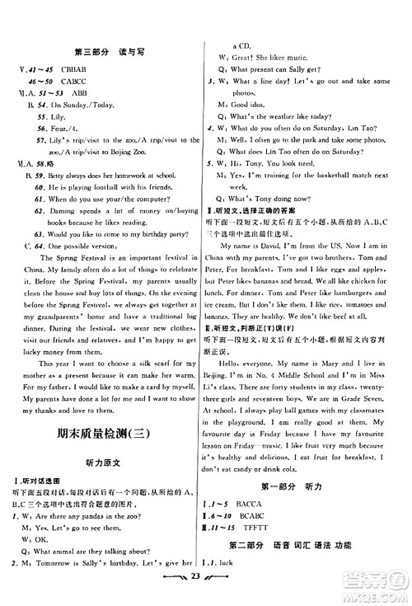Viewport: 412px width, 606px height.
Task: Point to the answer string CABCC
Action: (73, 81)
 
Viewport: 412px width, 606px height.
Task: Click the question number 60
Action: (41, 188)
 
